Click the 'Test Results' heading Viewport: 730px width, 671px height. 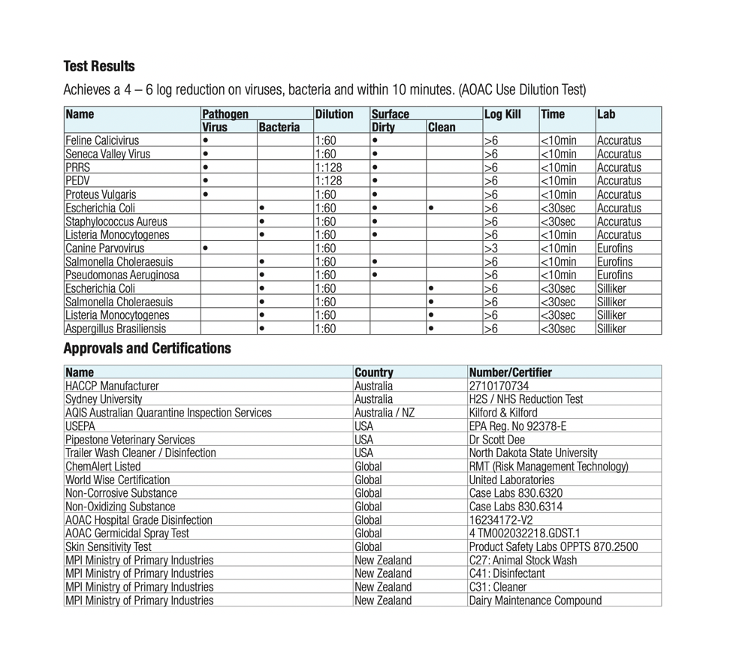pos(99,66)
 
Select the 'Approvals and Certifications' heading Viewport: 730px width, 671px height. pos(147,348)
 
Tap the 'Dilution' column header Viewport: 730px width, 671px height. pos(334,114)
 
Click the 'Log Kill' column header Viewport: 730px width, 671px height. pos(503,114)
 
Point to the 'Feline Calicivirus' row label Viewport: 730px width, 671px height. pos(102,140)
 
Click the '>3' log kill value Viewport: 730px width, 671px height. pos(491,248)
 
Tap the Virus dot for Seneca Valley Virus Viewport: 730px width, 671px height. pos(206,154)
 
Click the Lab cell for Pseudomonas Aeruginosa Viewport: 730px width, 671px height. pos(614,275)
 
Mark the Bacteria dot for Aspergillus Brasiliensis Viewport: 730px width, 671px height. pos(261,329)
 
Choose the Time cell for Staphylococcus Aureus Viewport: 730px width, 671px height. pos(558,221)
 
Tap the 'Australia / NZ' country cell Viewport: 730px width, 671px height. pos(385,413)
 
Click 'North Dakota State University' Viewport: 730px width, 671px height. pos(533,453)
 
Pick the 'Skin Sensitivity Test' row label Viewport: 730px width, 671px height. pos(108,546)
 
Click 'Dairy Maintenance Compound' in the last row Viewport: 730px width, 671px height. pos(535,600)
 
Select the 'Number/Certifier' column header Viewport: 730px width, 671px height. pos(510,372)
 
